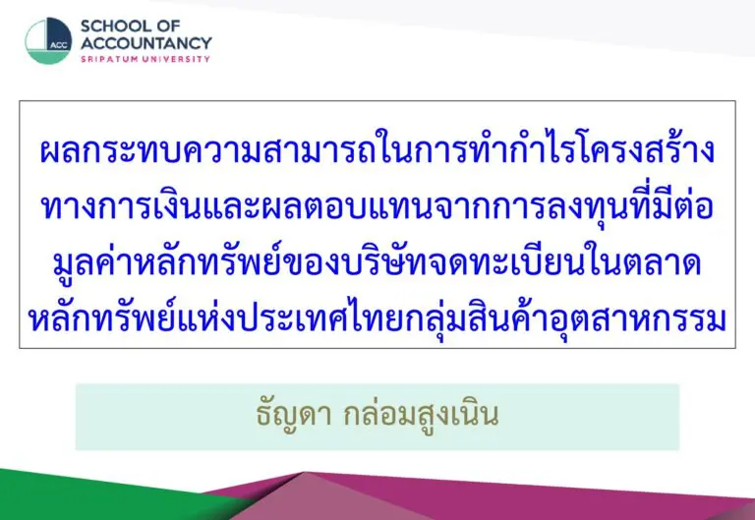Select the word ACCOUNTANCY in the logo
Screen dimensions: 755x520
click(146, 43)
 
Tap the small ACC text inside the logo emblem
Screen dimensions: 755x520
click(59, 46)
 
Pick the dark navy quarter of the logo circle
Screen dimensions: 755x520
click(59, 33)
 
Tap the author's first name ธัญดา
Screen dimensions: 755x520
click(294, 414)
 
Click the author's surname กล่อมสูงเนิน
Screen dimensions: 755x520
click(421, 414)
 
